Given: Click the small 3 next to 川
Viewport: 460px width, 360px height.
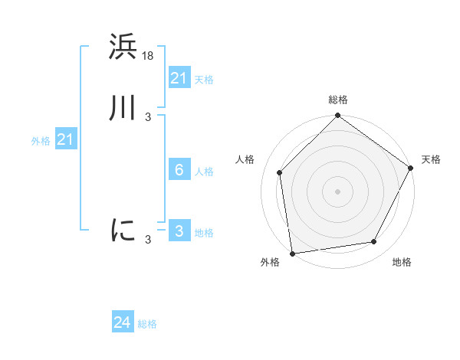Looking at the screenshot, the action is click(148, 117).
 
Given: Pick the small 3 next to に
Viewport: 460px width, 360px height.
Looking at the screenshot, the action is click(148, 240).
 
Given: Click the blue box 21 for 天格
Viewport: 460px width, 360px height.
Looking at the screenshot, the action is click(179, 78).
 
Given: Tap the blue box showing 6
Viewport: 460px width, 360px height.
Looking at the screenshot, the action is click(179, 170).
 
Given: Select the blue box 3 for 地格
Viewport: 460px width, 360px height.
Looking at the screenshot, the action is click(179, 231).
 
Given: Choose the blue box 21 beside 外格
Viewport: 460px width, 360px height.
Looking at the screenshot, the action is click(65, 139).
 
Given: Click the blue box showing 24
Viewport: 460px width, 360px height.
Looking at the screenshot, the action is click(123, 323).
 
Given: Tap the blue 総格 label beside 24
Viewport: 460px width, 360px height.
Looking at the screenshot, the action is click(147, 324).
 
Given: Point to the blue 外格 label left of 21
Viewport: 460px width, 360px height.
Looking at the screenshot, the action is click(41, 141).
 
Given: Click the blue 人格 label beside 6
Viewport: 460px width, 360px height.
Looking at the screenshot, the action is click(205, 172).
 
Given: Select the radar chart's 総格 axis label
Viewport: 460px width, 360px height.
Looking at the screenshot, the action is click(337, 100).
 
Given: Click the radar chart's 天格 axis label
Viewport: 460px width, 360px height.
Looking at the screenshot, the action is click(431, 159).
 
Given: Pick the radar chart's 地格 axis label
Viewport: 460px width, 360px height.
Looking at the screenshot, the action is click(402, 263).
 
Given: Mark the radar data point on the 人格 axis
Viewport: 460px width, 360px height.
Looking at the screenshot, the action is click(280, 172).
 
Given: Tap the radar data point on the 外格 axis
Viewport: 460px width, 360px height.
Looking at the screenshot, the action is click(292, 253).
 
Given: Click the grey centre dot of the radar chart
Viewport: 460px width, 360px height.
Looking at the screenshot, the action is click(337, 191).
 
